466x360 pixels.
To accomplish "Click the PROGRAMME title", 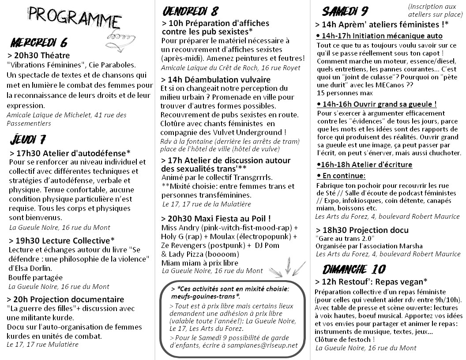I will click(75, 18).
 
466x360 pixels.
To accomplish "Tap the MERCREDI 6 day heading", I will click(39, 43).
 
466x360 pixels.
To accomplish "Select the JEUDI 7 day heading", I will click(28, 140).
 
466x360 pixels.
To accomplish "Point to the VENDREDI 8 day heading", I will click(190, 11).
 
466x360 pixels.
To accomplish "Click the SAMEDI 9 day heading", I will click(345, 11).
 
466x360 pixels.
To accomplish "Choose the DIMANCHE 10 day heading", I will click(353, 269).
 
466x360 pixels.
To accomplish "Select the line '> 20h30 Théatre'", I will click(39, 55).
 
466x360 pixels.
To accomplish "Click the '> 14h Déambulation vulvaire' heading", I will click(216, 79).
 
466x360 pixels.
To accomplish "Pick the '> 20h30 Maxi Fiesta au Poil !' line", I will click(216, 218).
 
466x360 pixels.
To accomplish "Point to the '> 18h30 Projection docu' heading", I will click(362, 230).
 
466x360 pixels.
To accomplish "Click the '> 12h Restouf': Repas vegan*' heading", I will click(371, 281).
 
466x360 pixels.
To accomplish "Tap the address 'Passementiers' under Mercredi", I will click(29, 123).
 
